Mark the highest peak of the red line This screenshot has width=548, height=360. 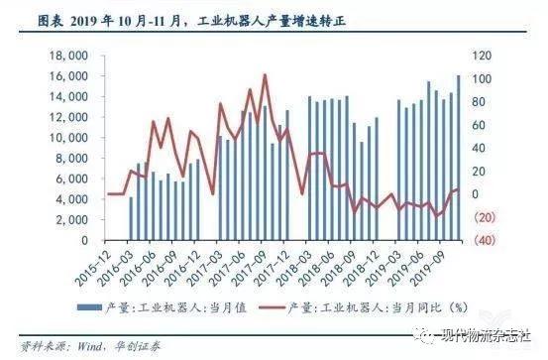tap(265, 75)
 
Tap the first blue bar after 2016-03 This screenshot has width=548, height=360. tap(131, 218)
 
